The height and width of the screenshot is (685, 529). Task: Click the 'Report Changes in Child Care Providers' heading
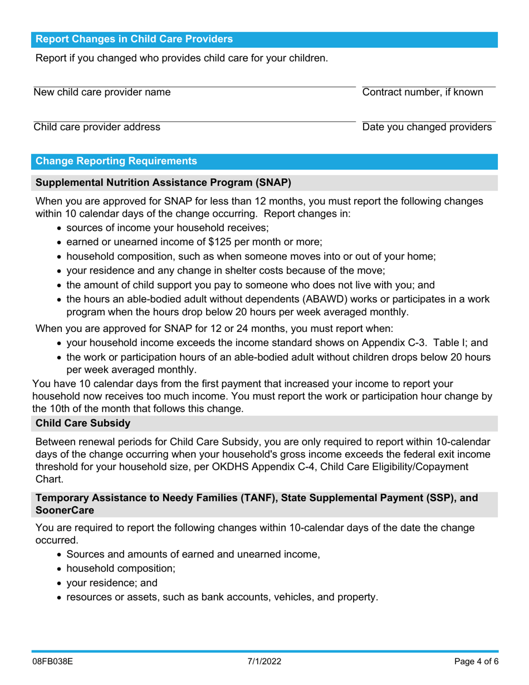[134, 40]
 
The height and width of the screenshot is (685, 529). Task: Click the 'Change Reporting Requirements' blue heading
[116, 162]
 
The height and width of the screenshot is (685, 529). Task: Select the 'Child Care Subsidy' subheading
[83, 424]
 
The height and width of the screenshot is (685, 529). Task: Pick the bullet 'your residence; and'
[112, 583]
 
